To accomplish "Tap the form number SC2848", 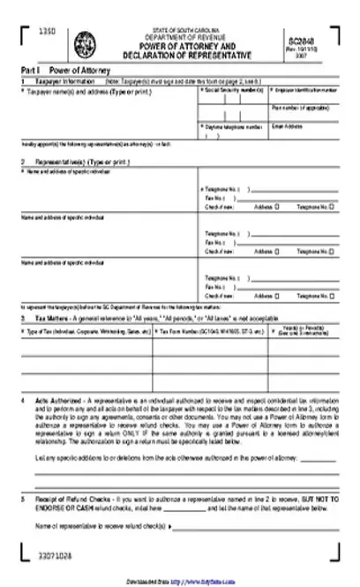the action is pos(301,40).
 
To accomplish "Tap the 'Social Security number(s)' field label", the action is pos(233,90).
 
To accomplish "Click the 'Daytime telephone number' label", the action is pos(234,127).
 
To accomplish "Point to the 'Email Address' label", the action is pos(288,127).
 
